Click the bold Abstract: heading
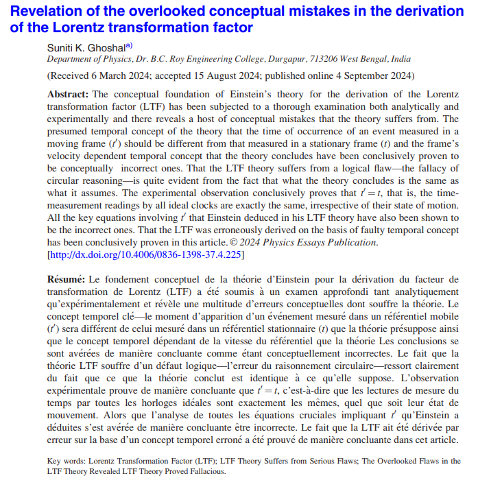[68, 95]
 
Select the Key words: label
[67, 462]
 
